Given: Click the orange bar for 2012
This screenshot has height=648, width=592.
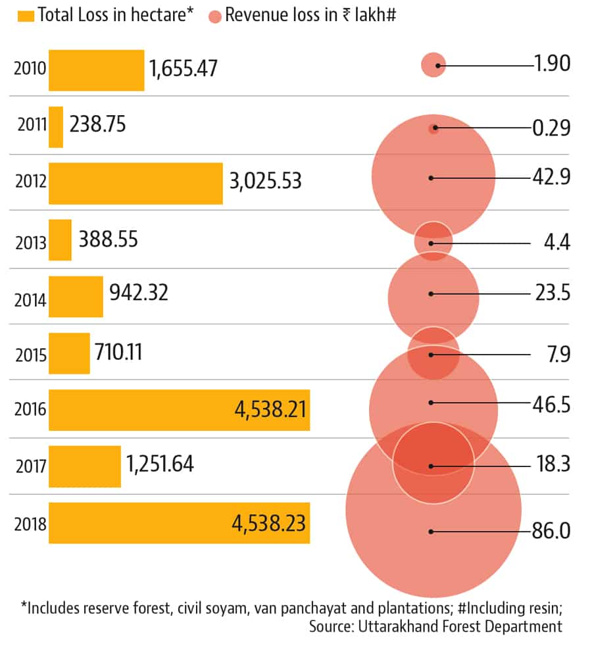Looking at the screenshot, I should tap(136, 183).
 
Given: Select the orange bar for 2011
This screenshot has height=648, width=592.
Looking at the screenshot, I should tap(56, 127).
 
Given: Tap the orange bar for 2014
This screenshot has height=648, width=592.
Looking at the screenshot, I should tap(76, 296).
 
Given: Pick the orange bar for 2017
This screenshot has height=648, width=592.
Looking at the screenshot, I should tap(85, 466).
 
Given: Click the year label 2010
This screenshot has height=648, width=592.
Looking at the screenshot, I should tap(30, 69).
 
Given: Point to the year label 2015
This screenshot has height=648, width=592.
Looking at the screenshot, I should tap(30, 355).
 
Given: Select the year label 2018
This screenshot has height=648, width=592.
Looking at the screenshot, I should tap(30, 524).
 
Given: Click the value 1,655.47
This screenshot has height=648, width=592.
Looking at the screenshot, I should tap(184, 68).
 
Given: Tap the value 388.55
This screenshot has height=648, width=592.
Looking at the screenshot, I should tap(108, 239).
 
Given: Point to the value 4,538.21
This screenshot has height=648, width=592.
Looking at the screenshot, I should tap(270, 410).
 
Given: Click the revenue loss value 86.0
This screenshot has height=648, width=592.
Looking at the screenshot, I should tap(551, 530).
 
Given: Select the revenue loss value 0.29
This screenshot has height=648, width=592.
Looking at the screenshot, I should tap(551, 126).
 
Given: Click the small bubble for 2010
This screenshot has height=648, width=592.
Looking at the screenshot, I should tap(433, 64).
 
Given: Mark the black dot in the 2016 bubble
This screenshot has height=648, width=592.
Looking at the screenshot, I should tap(431, 403).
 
